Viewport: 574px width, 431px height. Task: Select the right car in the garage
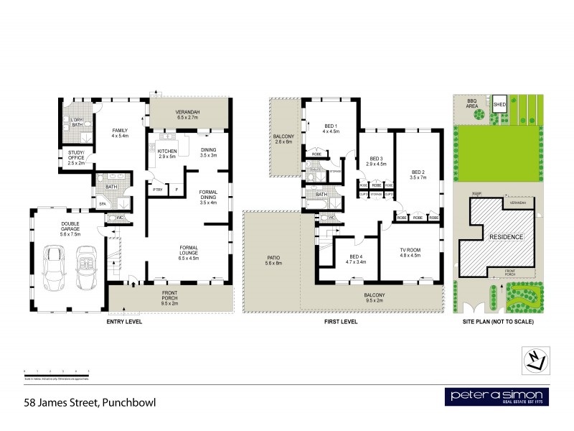pos(86,265)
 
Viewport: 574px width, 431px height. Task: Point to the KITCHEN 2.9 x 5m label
pos(166,154)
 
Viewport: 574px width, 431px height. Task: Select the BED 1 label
pos(330,129)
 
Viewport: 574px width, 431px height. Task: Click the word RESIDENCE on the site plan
pos(507,237)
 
